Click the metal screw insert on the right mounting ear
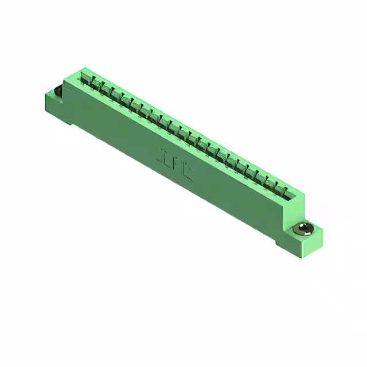[302, 231]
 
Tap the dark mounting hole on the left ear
[58, 92]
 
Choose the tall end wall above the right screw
[294, 209]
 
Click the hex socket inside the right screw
[303, 229]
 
